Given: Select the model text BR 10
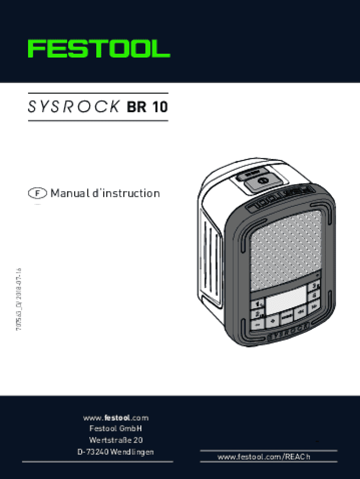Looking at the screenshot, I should coord(147,108).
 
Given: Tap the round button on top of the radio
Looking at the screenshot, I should coord(262,180).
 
